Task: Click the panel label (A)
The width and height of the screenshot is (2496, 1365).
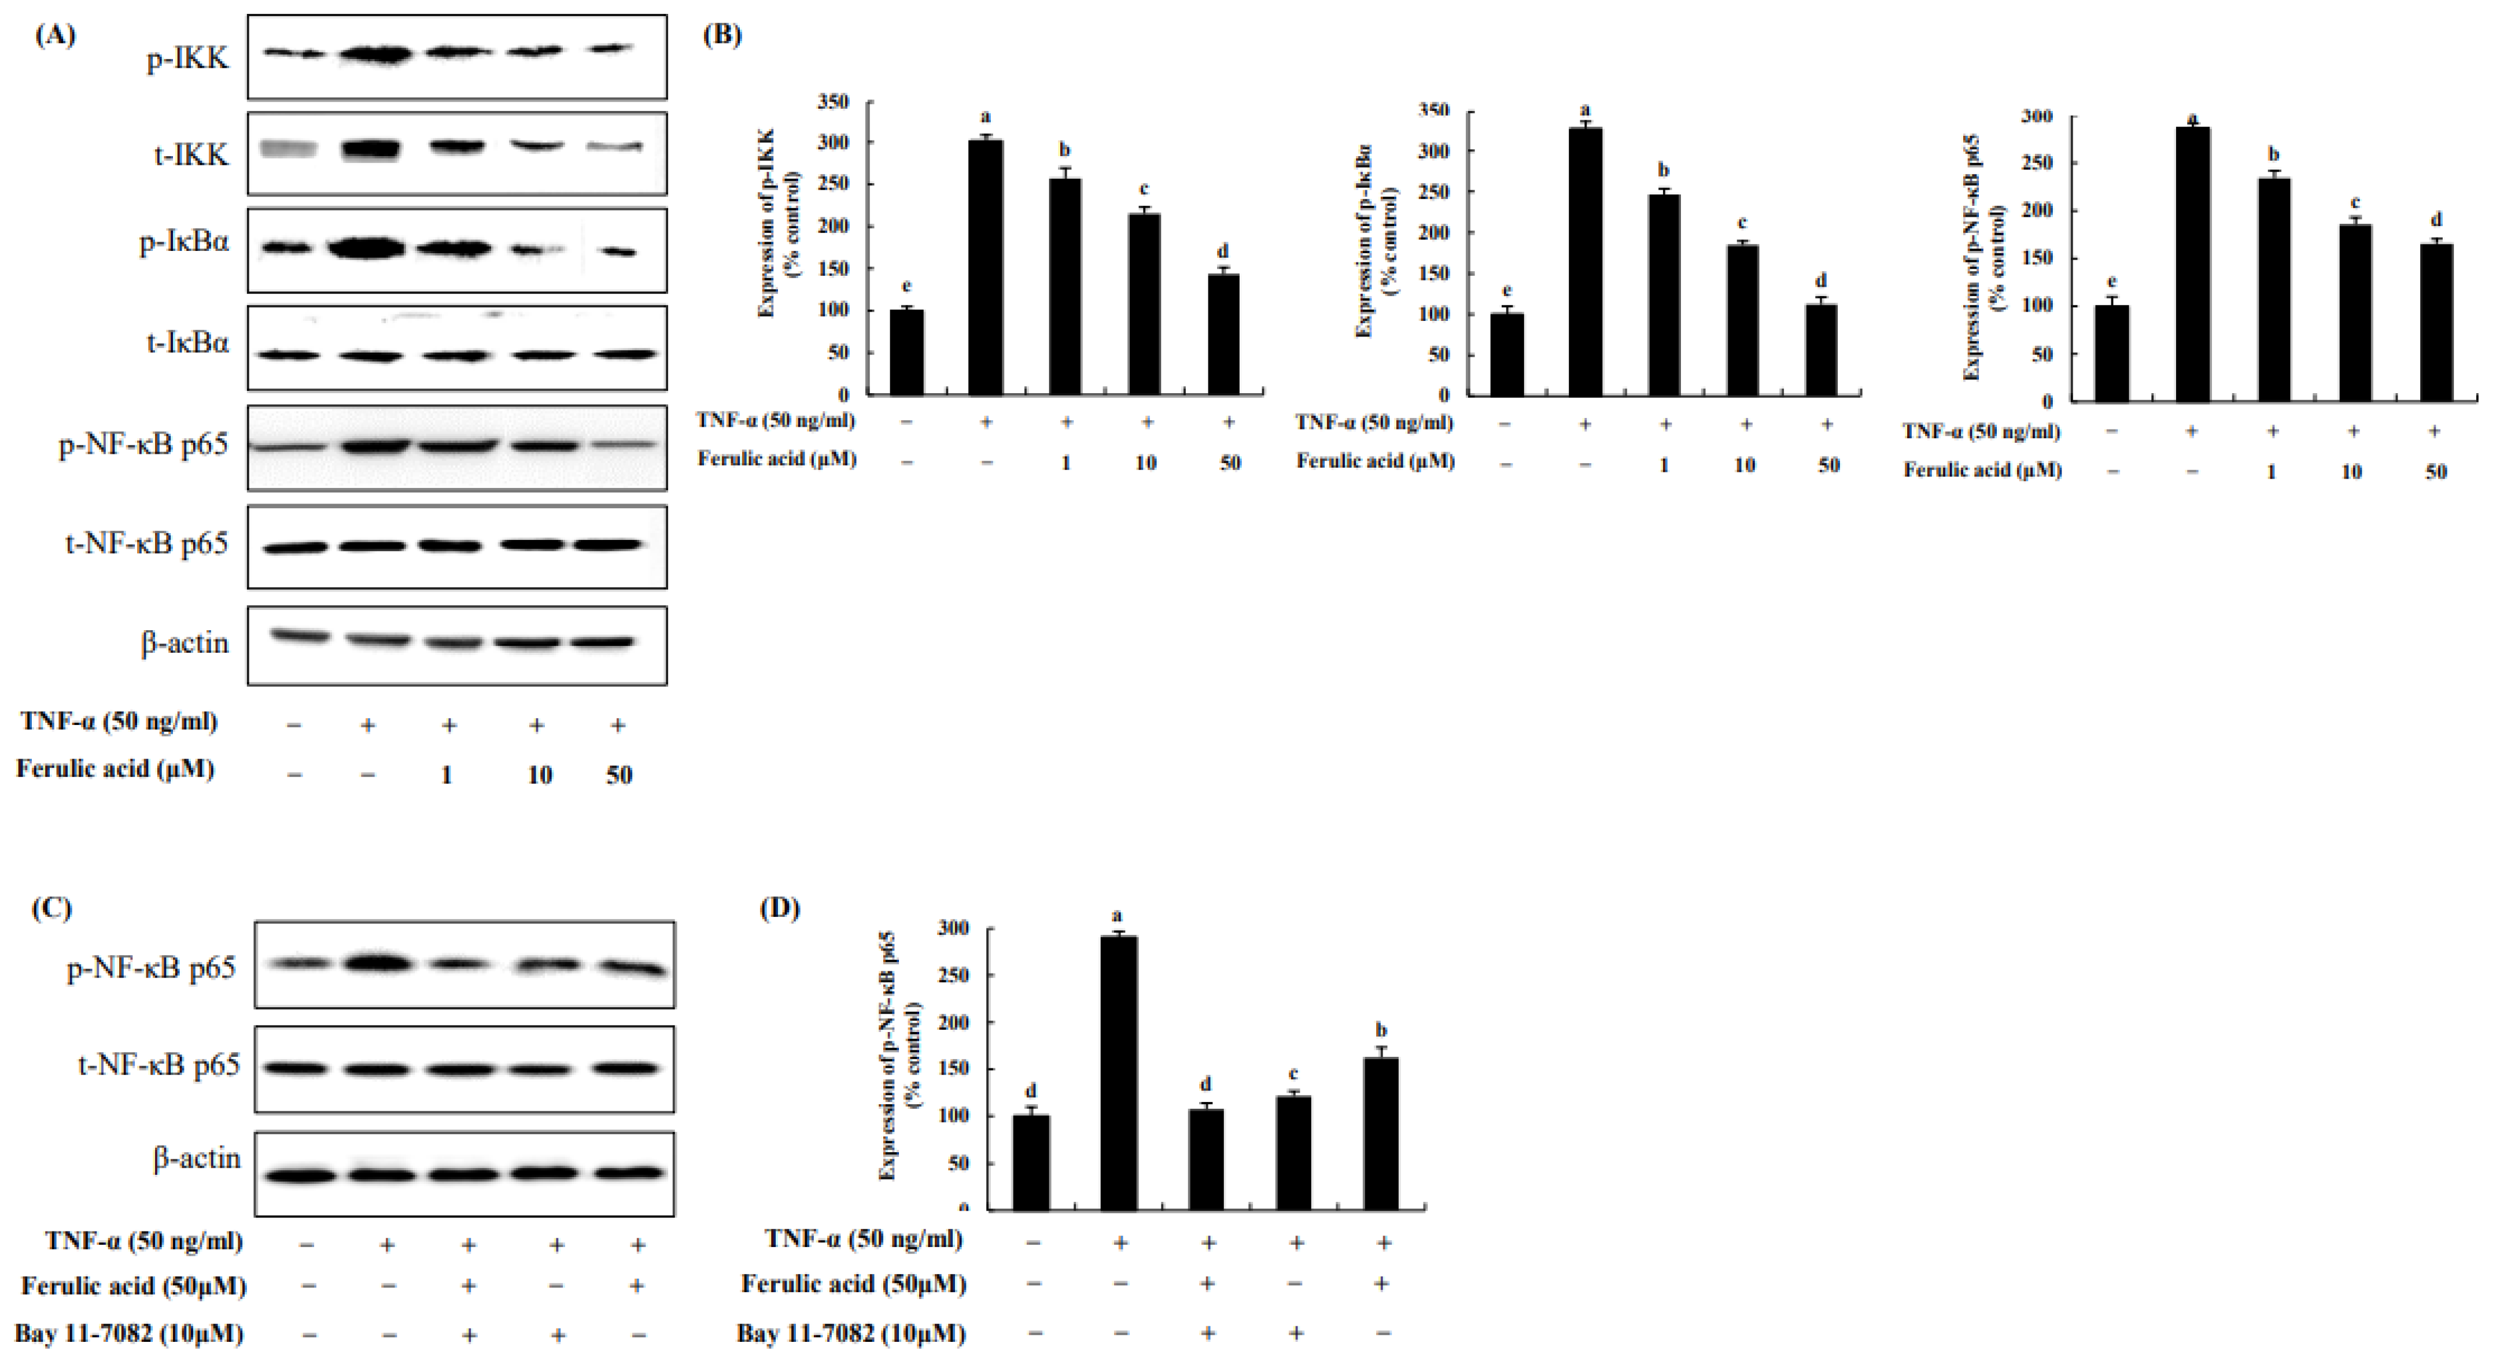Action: pos(54,36)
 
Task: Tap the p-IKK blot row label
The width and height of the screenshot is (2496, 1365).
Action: pos(188,58)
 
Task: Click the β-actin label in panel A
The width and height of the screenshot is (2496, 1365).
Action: pos(185,642)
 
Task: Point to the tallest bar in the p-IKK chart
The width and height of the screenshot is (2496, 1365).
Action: pos(986,267)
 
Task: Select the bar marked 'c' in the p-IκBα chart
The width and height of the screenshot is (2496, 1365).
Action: pos(1743,320)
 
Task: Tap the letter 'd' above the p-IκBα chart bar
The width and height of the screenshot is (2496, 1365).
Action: pos(1822,281)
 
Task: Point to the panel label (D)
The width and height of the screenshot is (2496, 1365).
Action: pos(779,909)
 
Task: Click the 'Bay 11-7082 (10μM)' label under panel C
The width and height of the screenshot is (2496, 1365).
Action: pos(129,1334)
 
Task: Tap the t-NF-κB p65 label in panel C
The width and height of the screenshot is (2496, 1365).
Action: pos(159,1066)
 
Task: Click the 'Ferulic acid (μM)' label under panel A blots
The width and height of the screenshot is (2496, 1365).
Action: pos(115,769)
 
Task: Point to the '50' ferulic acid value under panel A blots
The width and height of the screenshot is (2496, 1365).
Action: pos(619,775)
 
